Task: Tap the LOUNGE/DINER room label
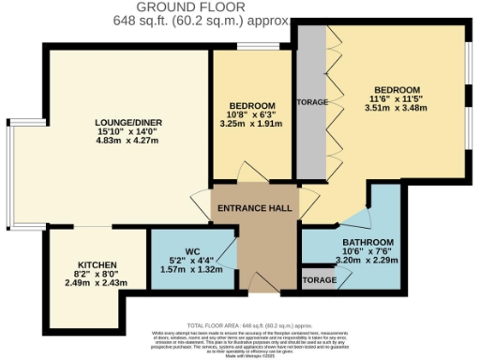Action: (128, 124)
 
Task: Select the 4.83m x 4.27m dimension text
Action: (128, 142)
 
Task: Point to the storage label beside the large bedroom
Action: (312, 102)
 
